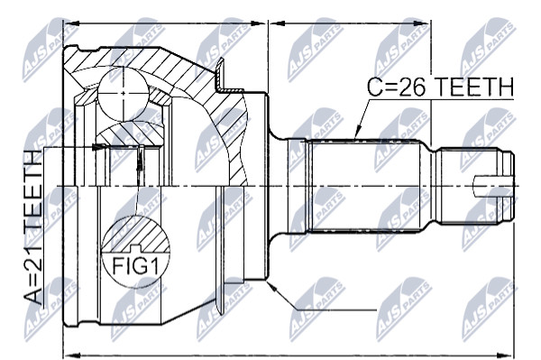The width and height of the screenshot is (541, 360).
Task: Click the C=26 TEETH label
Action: (x=440, y=87)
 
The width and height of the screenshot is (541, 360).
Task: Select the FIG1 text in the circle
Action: (x=135, y=266)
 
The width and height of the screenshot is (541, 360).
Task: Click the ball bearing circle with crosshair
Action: (x=124, y=93)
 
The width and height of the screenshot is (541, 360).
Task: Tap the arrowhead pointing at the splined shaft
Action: (x=358, y=133)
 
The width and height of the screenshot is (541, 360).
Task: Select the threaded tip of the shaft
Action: (x=475, y=187)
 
